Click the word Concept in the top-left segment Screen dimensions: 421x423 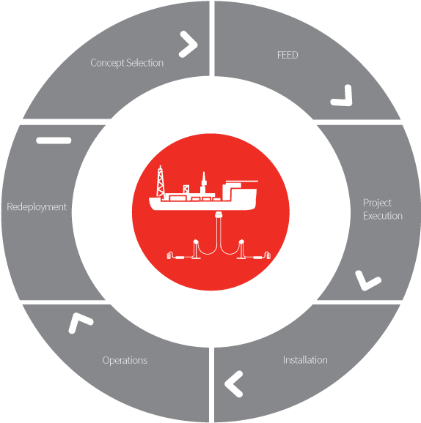(108, 63)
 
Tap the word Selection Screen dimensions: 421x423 (145, 63)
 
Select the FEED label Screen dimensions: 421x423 (288, 55)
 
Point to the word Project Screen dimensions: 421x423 (377, 203)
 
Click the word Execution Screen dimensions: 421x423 (383, 216)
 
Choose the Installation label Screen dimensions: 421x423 (305, 360)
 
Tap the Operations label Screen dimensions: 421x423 (125, 361)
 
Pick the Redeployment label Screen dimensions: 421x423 (37, 207)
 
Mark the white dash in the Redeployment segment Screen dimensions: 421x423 (54, 141)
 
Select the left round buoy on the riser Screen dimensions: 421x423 (196, 242)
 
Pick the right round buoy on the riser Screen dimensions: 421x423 (242, 242)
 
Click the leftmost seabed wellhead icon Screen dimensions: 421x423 (170, 255)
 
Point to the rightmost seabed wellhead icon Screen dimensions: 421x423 (267, 255)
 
